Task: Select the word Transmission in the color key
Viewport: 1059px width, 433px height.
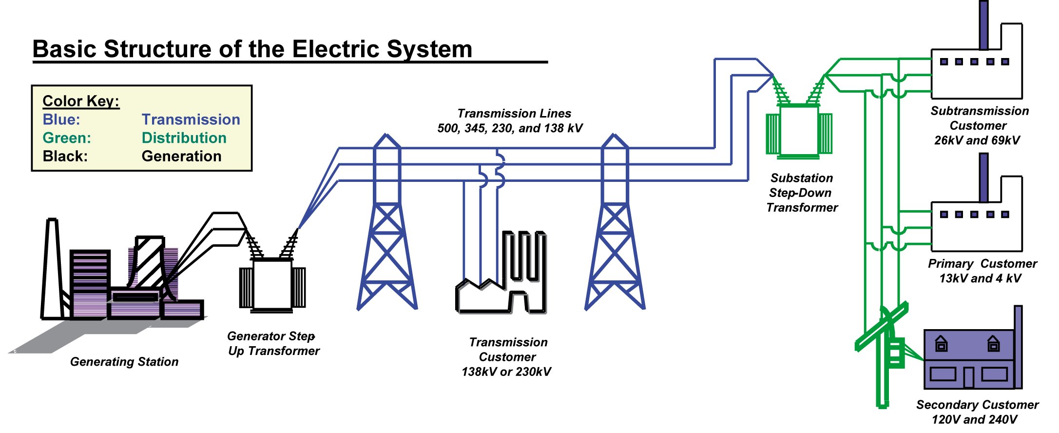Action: [x=191, y=119]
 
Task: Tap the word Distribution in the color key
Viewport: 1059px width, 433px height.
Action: [x=184, y=138]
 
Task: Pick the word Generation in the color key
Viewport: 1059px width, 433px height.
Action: [x=181, y=156]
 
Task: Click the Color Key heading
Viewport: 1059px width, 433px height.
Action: [x=81, y=101]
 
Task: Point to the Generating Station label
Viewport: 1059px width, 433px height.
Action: [x=124, y=362]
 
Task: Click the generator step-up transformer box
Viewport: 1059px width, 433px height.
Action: [x=272, y=285]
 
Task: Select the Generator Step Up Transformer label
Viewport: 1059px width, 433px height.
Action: [x=273, y=343]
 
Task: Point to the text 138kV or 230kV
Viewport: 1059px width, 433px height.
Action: [x=506, y=372]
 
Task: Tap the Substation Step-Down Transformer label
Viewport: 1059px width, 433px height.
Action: [x=802, y=193]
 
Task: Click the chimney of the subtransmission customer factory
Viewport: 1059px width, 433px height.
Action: [x=983, y=24]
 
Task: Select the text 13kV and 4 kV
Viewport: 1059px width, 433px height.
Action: [x=980, y=278]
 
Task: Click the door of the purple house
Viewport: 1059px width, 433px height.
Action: [x=969, y=377]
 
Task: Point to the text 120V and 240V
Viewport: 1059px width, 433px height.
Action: [x=975, y=419]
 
